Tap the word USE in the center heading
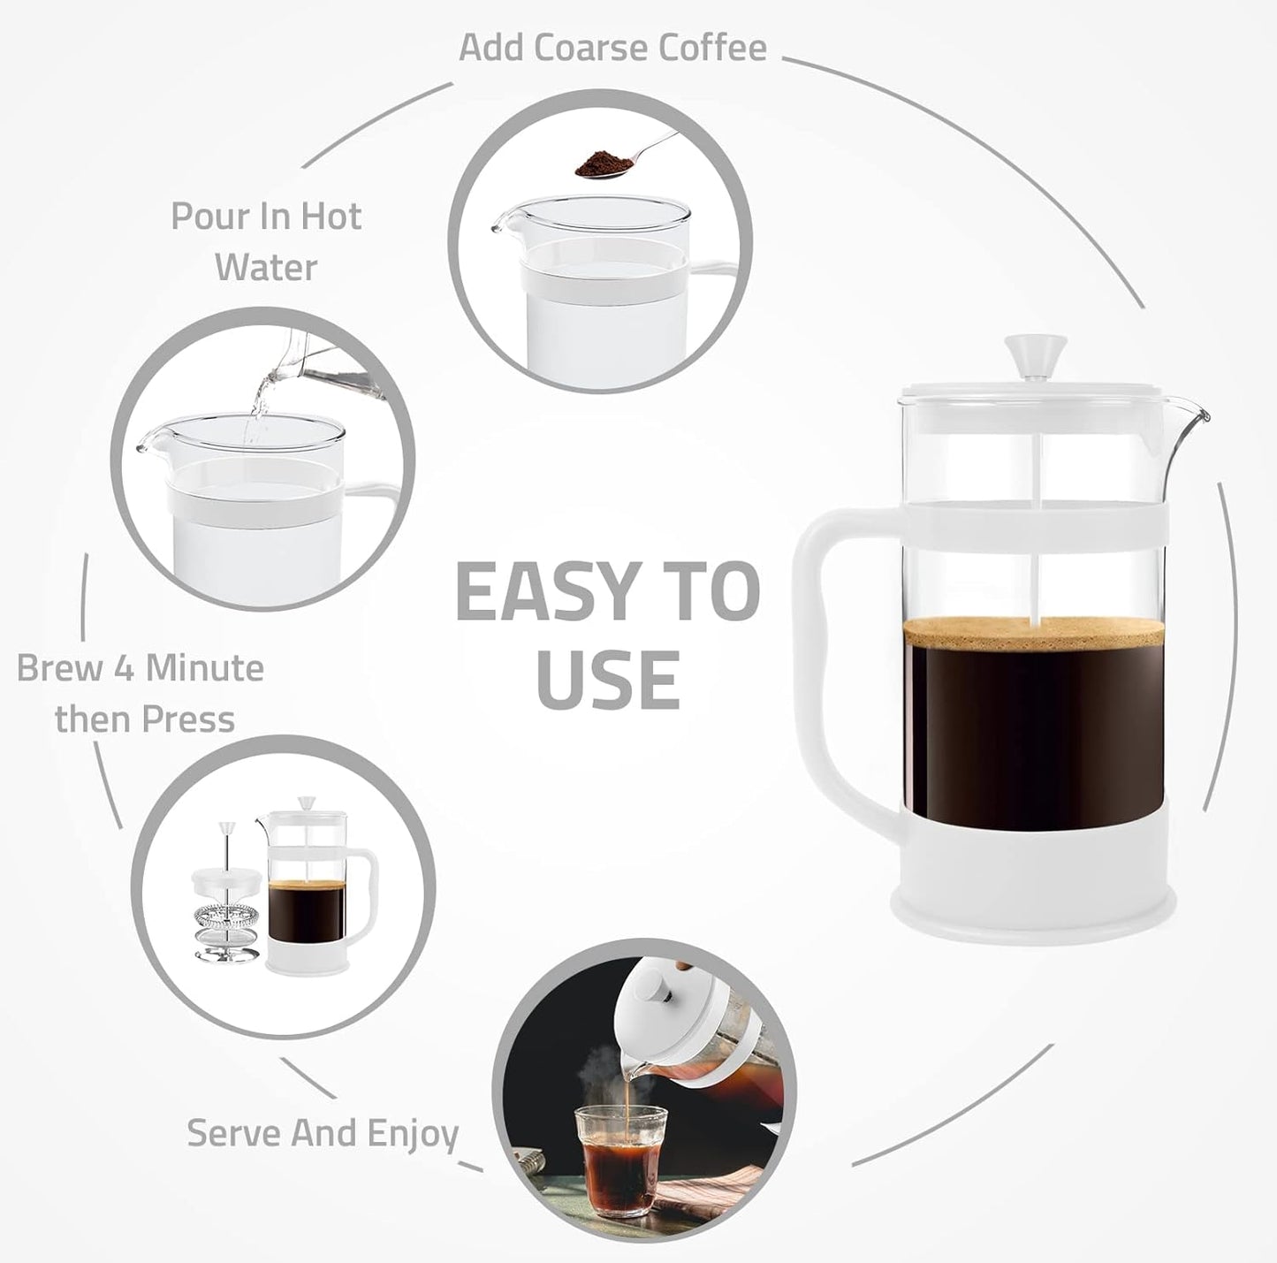(x=608, y=680)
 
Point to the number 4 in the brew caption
(x=124, y=668)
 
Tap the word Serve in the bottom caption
(x=233, y=1133)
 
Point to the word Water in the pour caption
(x=266, y=267)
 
